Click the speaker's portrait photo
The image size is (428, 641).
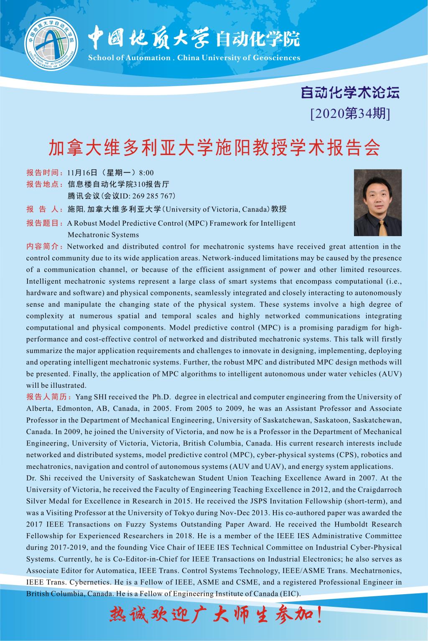click(377, 202)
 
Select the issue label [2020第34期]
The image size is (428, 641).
click(350, 113)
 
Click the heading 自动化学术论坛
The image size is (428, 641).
click(350, 92)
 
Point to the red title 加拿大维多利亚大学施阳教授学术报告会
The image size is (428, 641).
click(214, 148)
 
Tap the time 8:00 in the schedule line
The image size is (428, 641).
click(146, 173)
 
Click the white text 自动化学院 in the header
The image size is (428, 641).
click(257, 40)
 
